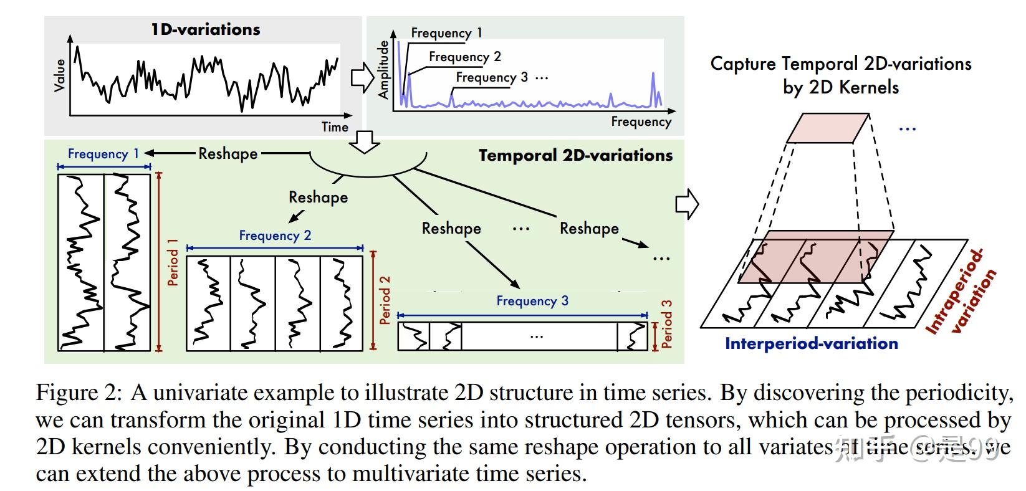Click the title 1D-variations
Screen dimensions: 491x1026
click(x=205, y=29)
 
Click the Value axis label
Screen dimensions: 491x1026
click(x=60, y=75)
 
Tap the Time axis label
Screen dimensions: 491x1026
click(x=335, y=127)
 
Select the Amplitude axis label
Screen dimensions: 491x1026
click(x=383, y=70)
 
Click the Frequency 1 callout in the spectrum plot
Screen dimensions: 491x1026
click(x=446, y=33)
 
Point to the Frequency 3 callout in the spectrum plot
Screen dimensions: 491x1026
click(x=492, y=77)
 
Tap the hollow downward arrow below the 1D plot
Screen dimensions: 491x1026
click(x=365, y=142)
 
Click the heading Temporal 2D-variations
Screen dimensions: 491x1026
click(x=575, y=156)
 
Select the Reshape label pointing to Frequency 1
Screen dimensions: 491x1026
click(x=228, y=153)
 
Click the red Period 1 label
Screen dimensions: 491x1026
click(x=173, y=262)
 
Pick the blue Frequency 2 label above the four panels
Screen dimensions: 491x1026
click(x=275, y=236)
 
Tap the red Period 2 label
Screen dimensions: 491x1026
click(x=385, y=300)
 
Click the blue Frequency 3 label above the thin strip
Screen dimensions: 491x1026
click(x=532, y=301)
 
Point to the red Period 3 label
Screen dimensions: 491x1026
click(x=667, y=324)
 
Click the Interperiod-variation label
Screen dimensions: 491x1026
click(x=811, y=343)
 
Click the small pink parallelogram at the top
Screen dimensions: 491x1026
click(x=827, y=128)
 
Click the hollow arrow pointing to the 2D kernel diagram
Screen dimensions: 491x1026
click(x=687, y=204)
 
